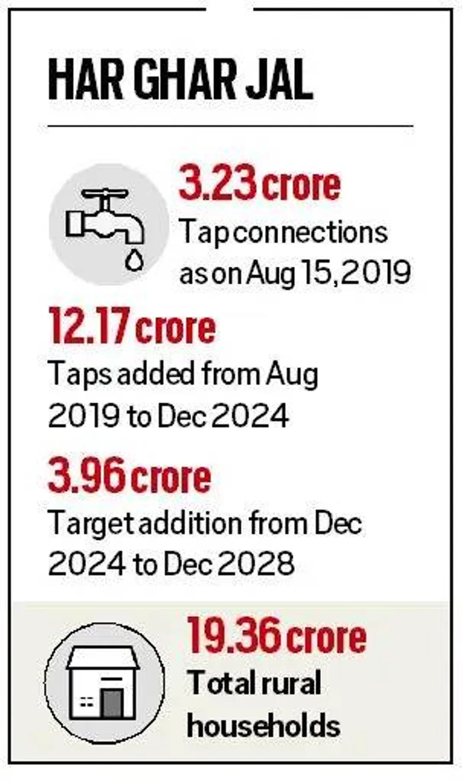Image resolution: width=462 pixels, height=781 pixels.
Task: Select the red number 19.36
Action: (234, 635)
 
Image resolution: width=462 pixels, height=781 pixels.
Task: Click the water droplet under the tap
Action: (134, 259)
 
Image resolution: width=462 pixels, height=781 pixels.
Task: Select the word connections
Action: (311, 233)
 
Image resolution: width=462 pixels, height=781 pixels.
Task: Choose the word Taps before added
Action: (80, 374)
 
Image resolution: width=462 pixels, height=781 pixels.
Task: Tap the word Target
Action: (91, 523)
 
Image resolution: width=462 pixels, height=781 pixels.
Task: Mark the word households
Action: (263, 726)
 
